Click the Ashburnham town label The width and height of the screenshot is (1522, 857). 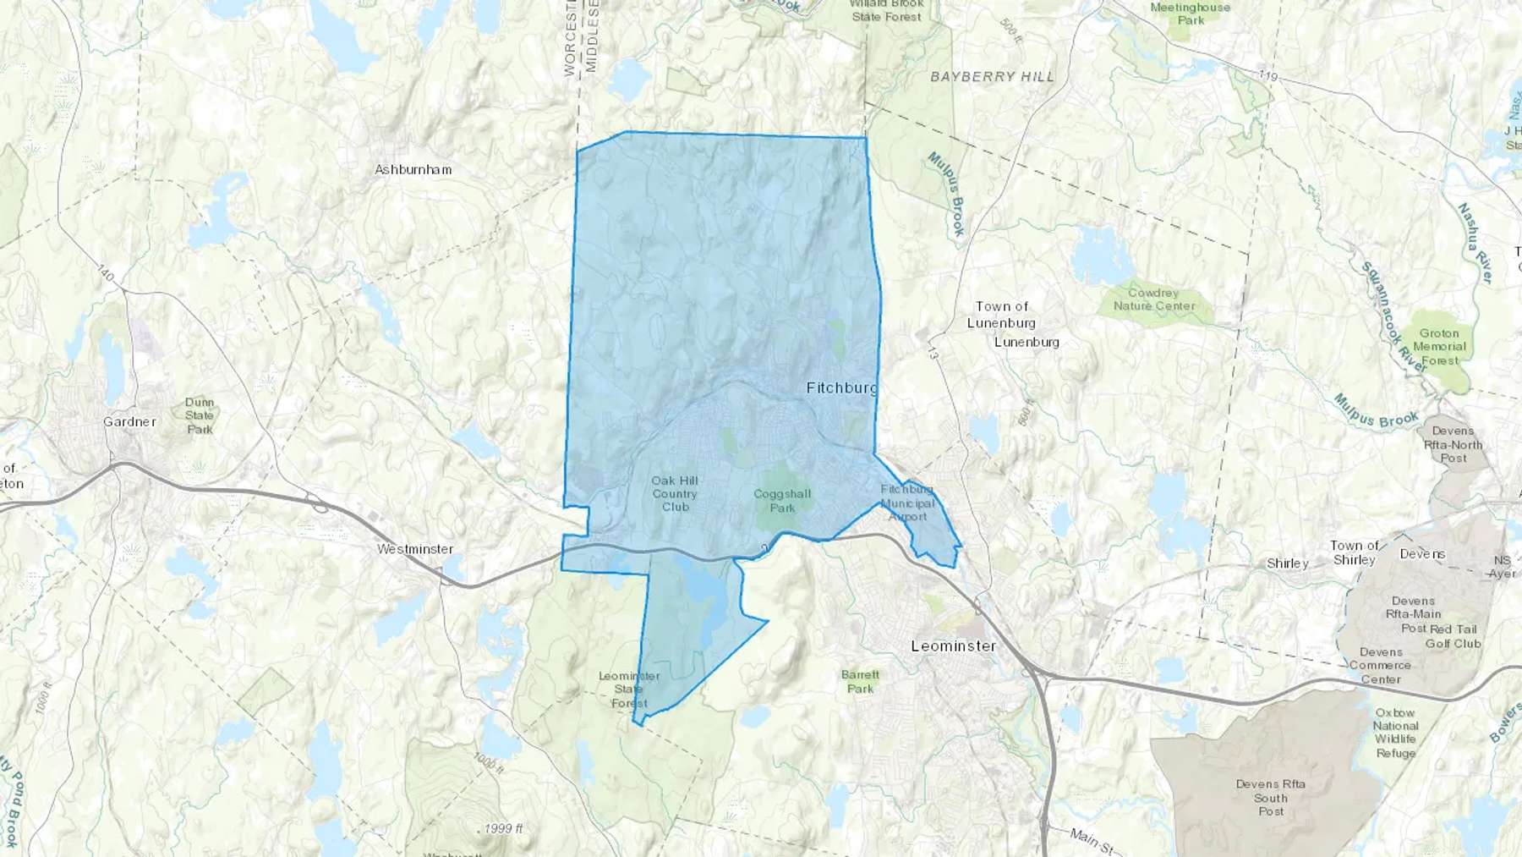click(413, 169)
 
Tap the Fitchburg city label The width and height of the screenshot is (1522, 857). click(841, 387)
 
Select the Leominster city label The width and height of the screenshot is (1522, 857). click(953, 645)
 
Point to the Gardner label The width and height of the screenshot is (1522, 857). click(129, 421)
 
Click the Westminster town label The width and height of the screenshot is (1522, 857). click(415, 549)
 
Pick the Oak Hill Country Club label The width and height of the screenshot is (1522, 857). click(675, 493)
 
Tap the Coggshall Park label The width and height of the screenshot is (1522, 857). click(782, 500)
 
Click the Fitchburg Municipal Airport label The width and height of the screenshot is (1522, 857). click(907, 503)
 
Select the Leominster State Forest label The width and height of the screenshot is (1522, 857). click(629, 689)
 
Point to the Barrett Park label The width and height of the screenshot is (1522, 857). click(860, 681)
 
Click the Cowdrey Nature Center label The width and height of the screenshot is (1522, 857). click(1154, 299)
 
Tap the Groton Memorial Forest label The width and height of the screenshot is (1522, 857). click(1439, 347)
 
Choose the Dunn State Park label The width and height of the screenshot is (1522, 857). click(200, 415)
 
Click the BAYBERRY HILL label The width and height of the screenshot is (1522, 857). click(993, 76)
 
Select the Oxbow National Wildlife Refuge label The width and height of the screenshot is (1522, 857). click(1395, 733)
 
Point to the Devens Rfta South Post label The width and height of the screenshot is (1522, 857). click(1270, 797)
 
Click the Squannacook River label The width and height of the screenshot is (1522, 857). click(1393, 318)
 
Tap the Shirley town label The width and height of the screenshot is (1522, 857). click(1288, 563)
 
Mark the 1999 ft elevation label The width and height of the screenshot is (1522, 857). click(504, 828)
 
